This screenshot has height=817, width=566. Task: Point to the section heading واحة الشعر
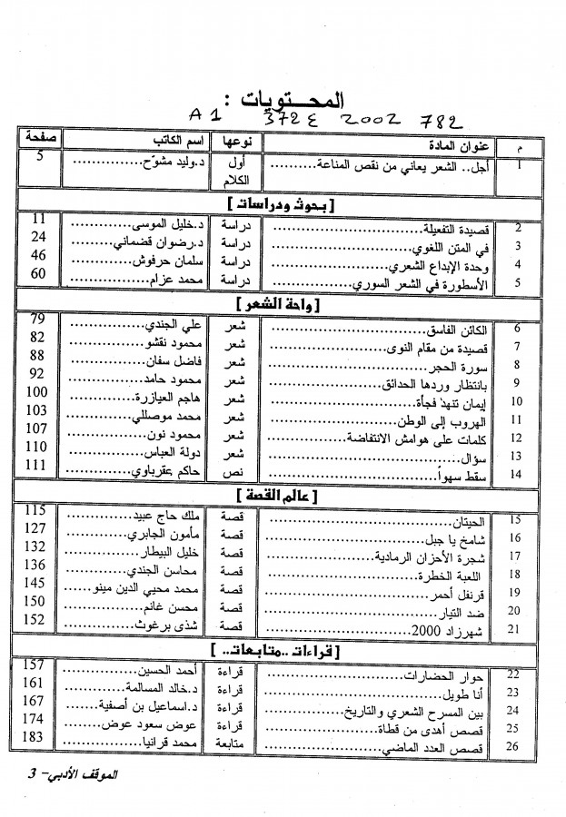point(288,301)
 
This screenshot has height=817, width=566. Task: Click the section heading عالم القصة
point(288,496)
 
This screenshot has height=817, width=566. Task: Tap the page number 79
point(37,319)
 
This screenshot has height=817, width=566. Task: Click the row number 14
point(516,473)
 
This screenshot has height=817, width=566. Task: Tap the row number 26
point(516,747)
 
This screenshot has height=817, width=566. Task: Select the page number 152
point(37,619)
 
